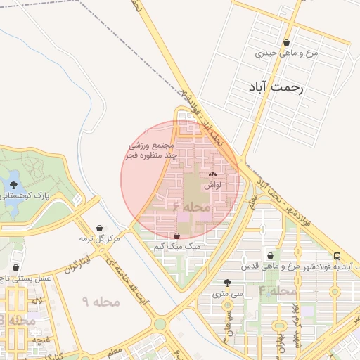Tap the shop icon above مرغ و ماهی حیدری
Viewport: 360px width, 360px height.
286,42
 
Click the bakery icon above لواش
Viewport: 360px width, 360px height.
213,174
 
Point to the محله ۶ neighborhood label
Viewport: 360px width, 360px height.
191,207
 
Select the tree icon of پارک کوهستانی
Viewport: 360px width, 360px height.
15,185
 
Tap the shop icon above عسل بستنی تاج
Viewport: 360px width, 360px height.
16,267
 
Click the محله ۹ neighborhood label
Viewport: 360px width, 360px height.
101,302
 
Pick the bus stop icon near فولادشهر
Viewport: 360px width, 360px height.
337,256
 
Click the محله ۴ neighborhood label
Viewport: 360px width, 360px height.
277,290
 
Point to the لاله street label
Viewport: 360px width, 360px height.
37,301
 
